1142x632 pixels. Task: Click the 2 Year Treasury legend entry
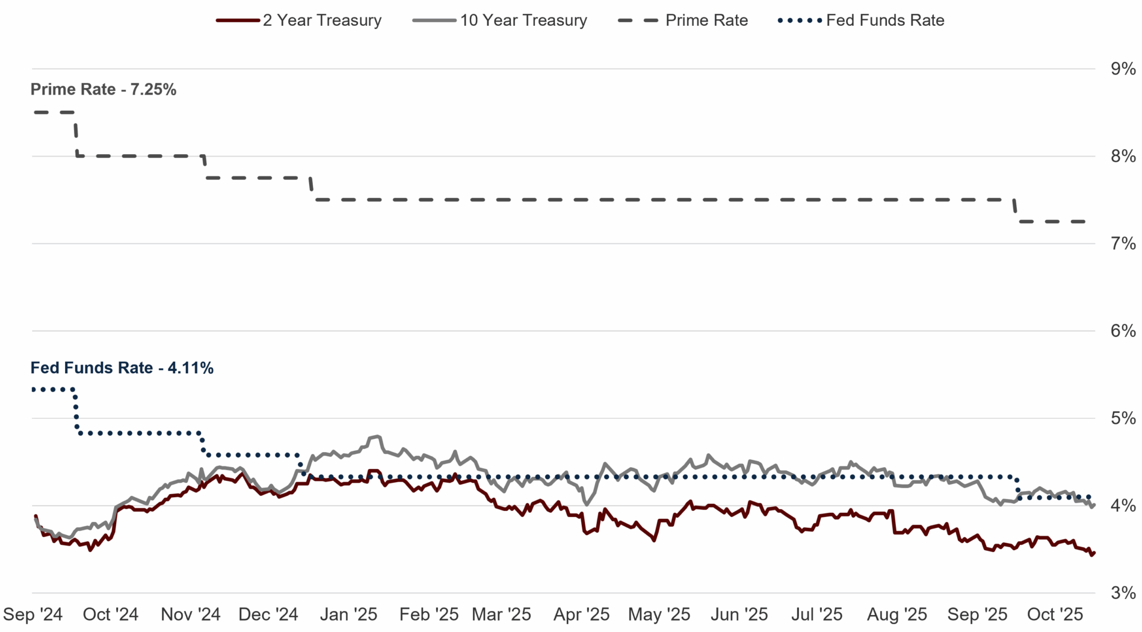299,20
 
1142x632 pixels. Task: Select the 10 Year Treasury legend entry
500,20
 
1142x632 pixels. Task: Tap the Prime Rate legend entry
683,20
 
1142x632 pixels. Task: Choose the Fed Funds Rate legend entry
861,20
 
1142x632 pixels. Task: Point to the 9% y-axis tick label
1123,69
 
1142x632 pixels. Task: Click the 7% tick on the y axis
1123,244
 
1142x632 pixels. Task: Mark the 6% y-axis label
1123,331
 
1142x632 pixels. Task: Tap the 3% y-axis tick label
1123,593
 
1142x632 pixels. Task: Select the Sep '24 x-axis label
33,615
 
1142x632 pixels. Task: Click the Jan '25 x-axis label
348,615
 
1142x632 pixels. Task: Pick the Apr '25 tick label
581,615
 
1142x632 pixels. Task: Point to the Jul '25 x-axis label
816,615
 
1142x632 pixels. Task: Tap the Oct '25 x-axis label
1055,615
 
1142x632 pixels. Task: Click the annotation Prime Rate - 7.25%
103,90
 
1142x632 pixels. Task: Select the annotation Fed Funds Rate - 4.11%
122,368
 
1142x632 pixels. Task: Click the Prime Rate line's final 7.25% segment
1053,222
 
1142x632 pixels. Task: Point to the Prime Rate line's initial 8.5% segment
54,112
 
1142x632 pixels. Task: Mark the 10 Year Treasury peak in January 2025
377,436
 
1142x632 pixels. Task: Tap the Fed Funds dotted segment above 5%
54,389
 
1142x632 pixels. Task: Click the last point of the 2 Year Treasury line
1093,553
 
